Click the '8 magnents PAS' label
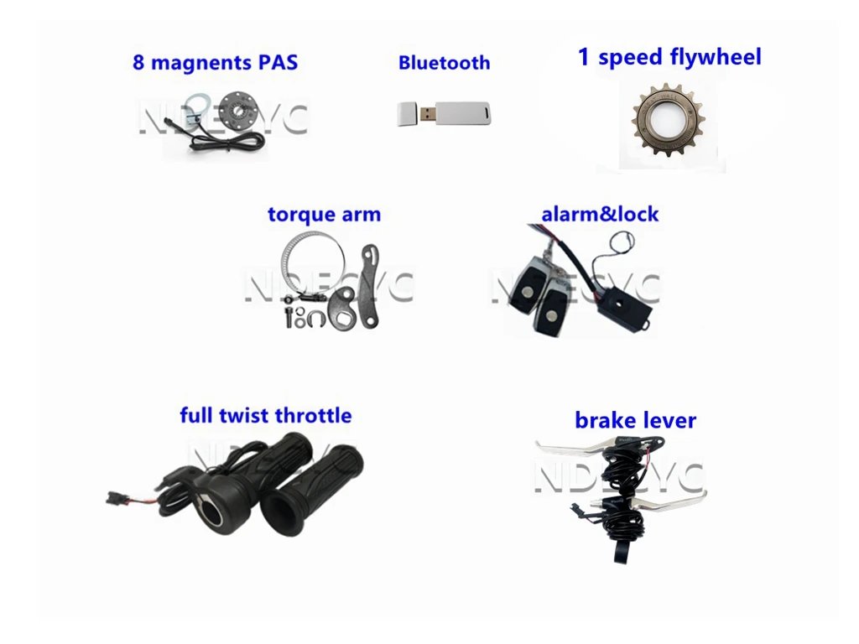[215, 63]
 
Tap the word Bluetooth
[444, 63]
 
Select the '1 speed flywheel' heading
[669, 58]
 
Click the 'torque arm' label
[324, 215]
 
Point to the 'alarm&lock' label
[600, 215]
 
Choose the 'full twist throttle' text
[265, 415]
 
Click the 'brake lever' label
[635, 420]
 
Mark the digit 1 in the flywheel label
[584, 58]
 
